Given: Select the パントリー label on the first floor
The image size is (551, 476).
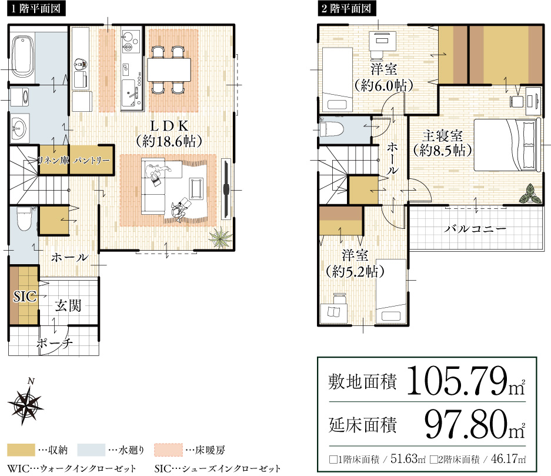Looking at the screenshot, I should click(92, 160).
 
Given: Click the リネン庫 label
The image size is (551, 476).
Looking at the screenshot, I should click(53, 160).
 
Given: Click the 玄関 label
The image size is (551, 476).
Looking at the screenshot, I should click(68, 306).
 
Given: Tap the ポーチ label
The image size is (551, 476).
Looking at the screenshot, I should click(54, 344).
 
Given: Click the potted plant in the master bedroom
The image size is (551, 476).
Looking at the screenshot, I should click(532, 192).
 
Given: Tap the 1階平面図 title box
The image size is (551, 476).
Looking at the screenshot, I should click(35, 9).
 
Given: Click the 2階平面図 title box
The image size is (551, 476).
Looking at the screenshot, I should click(345, 9).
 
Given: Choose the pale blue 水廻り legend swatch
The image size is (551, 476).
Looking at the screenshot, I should click(93, 451).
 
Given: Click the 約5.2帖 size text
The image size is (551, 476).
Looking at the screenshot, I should click(355, 271).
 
